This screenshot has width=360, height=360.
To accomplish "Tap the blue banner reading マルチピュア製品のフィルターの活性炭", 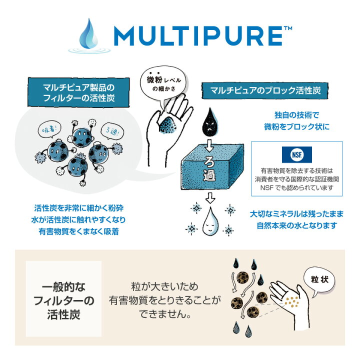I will coord(78,91).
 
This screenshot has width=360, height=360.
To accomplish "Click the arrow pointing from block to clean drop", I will coord(209,197).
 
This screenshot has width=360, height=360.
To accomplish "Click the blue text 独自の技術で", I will coord(297,115).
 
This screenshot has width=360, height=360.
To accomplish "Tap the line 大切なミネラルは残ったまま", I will coord(297,213).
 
